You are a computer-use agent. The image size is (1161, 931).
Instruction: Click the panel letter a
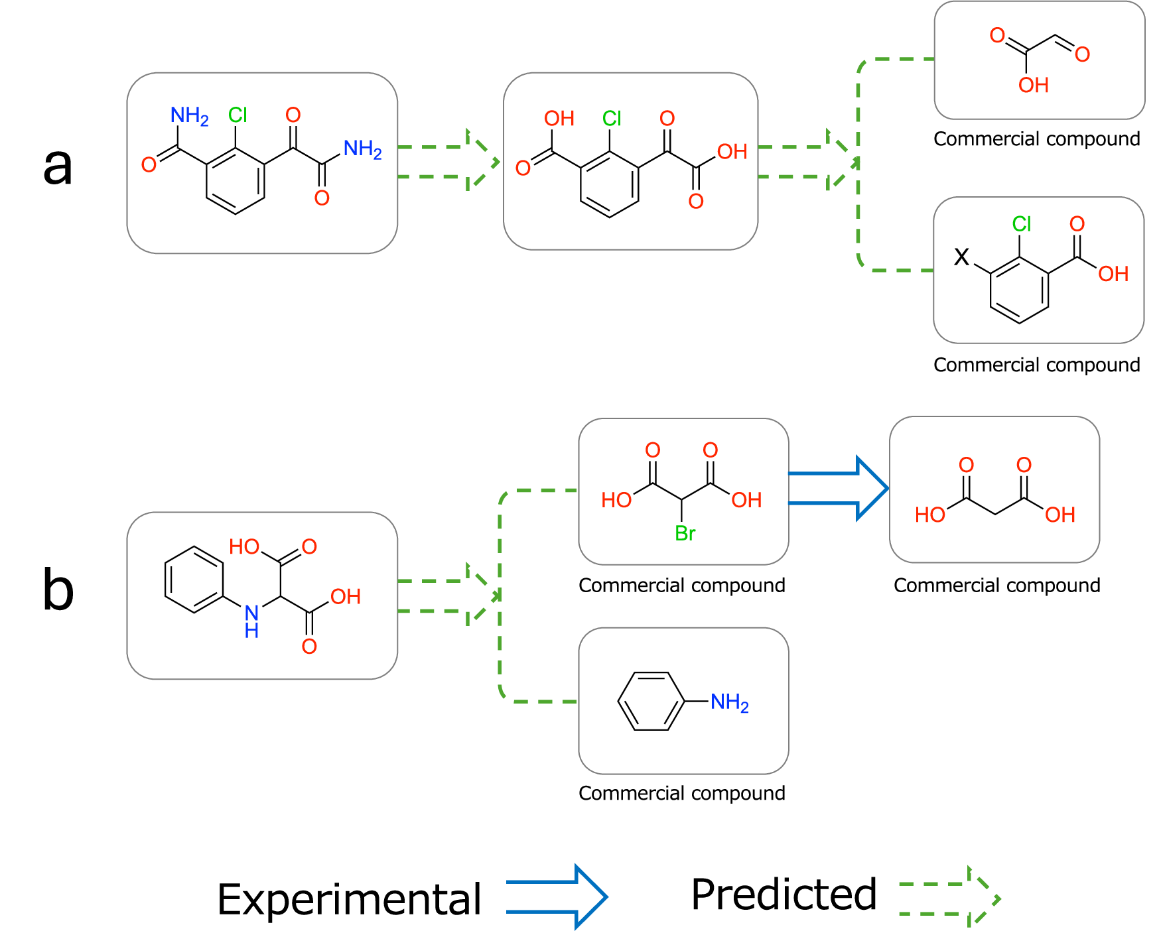[x=58, y=166]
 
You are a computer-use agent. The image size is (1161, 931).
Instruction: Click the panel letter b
[x=58, y=590]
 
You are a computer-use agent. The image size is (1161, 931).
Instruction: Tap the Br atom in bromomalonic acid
[x=685, y=533]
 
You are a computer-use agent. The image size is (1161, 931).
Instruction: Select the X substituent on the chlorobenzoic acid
[x=961, y=257]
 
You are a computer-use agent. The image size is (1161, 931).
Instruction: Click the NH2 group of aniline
[x=729, y=702]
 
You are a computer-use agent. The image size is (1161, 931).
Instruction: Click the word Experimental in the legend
[x=349, y=900]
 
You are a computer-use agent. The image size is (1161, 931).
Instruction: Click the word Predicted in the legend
[x=784, y=895]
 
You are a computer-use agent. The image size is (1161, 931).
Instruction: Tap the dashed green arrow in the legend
[x=949, y=899]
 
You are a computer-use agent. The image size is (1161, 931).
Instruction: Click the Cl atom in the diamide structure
[x=238, y=115]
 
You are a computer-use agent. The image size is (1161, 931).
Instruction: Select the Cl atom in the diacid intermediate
[x=612, y=119]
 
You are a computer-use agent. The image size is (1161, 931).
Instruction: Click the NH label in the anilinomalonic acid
[x=251, y=621]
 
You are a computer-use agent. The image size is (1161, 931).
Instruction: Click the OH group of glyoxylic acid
[x=1033, y=85]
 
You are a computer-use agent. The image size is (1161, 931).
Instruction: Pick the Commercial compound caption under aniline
[x=681, y=793]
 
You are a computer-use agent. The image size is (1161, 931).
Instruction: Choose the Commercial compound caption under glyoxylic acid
[x=1036, y=139]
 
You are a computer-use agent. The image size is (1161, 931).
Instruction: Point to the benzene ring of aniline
[x=651, y=702]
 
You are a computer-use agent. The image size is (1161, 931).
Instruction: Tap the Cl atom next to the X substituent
[x=1021, y=224]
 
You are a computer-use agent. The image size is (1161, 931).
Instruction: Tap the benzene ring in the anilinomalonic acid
[x=194, y=580]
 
